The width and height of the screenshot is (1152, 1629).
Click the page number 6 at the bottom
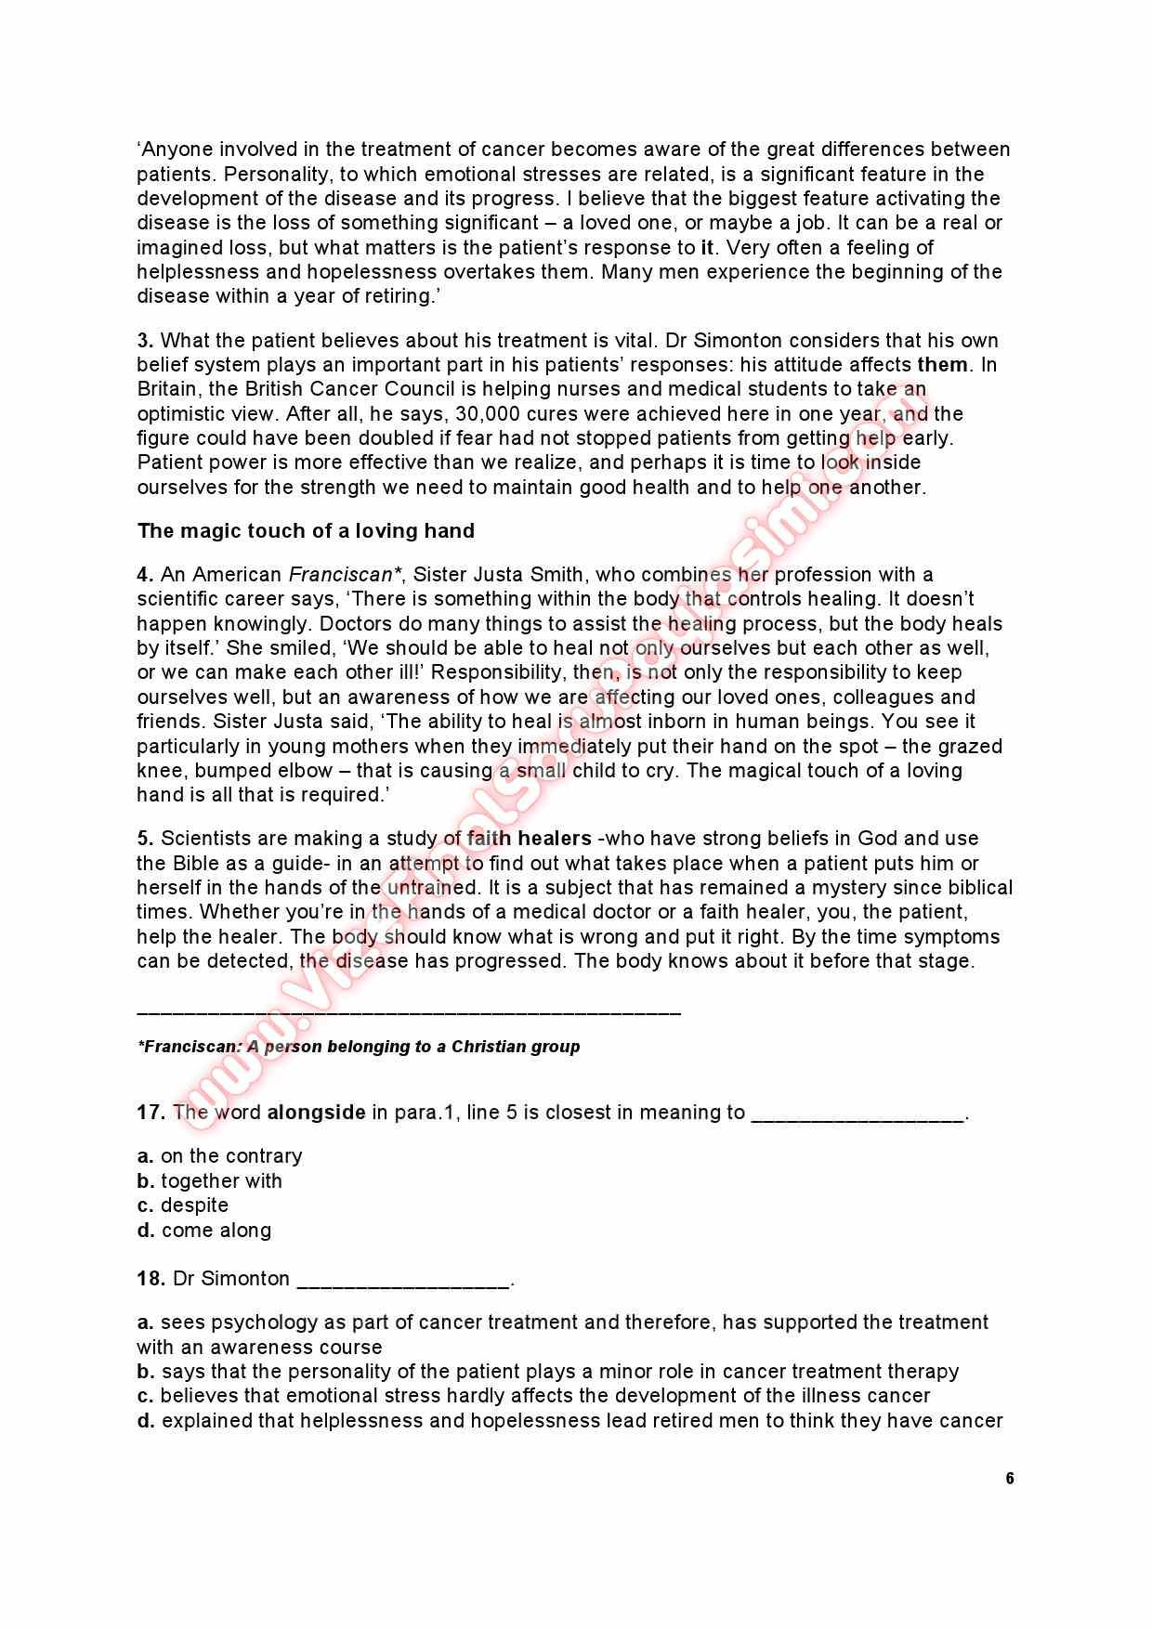tap(1009, 1479)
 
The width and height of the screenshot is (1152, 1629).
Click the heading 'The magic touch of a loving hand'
tap(306, 531)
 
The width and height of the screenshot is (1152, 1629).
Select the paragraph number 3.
tap(144, 341)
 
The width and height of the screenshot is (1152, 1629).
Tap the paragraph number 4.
tap(144, 575)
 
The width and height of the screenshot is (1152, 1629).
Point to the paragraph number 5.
tap(144, 839)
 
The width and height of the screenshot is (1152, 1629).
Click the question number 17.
tap(151, 1113)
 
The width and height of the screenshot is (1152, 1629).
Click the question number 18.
tap(151, 1279)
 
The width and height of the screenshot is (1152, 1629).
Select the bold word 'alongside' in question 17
tap(316, 1113)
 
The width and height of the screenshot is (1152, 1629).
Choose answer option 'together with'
tap(221, 1181)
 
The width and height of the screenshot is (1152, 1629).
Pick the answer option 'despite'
tap(194, 1205)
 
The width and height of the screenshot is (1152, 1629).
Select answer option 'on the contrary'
tap(231, 1156)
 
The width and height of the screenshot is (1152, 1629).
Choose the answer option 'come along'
tap(216, 1231)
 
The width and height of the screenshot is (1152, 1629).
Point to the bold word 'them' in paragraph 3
tap(942, 365)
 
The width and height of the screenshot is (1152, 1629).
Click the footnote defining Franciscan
tap(359, 1047)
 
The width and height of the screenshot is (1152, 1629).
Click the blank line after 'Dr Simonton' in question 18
tap(403, 1283)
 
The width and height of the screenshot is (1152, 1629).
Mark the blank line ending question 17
tap(857, 1116)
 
